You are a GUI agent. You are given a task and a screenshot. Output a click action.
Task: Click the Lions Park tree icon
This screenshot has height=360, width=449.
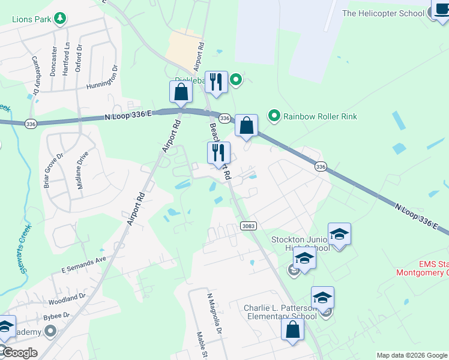[59, 19]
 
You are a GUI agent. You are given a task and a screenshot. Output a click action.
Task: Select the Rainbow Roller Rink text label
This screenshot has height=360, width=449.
[320, 115]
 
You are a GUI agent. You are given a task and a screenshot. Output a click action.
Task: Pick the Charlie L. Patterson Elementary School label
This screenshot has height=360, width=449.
[280, 312]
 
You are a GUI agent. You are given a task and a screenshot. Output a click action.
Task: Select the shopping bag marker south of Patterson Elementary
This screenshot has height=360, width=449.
[292, 329]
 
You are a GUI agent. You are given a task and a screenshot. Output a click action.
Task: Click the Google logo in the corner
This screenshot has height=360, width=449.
[19, 353]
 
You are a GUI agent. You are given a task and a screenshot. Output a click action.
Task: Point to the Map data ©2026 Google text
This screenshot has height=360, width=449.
[411, 355]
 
